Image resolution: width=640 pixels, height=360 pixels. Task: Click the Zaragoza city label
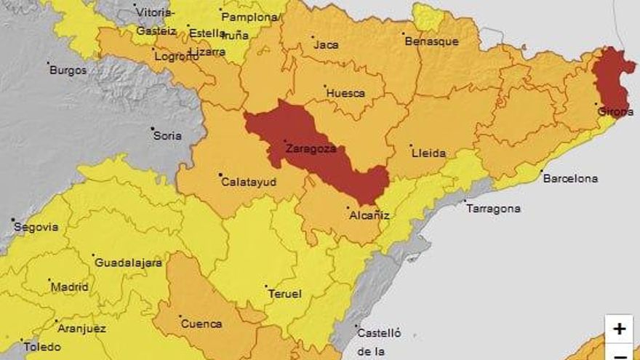[x=311, y=148]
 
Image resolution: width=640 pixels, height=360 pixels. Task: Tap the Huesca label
[x=345, y=93]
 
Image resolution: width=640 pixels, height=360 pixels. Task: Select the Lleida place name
[x=428, y=153]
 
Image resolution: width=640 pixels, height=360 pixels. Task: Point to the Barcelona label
[x=570, y=178]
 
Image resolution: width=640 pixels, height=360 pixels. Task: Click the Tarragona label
[x=493, y=209]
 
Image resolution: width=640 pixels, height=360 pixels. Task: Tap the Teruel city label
[x=285, y=294]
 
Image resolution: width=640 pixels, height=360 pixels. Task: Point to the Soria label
[x=167, y=136]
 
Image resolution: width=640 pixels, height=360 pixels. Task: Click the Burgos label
[x=68, y=71]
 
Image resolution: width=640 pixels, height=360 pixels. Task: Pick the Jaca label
[x=326, y=45]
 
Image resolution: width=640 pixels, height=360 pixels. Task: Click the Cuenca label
[x=201, y=324]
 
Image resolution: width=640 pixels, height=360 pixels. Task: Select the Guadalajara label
[x=129, y=263]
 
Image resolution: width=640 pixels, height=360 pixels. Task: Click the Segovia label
[x=36, y=227]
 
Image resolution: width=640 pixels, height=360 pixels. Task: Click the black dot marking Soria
[x=153, y=129]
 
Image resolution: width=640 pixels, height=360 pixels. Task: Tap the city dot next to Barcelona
[x=542, y=172]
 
